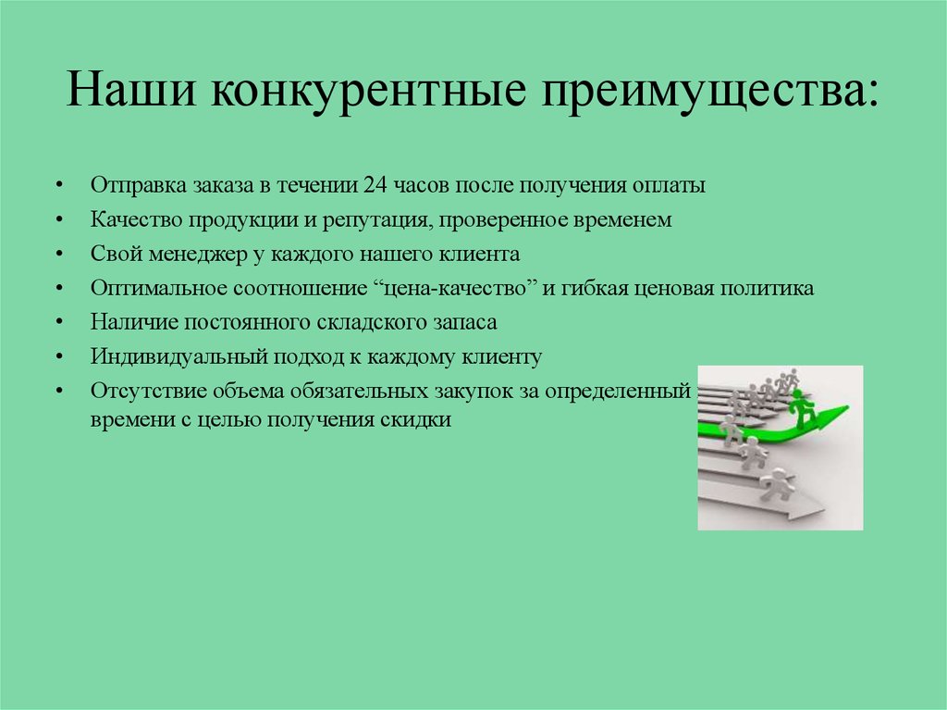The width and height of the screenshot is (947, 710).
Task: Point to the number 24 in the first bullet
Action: (375, 185)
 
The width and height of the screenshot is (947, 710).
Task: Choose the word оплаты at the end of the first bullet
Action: (669, 185)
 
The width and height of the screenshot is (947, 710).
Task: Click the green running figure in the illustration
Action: (802, 407)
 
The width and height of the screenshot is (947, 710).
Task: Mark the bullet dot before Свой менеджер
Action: (59, 255)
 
